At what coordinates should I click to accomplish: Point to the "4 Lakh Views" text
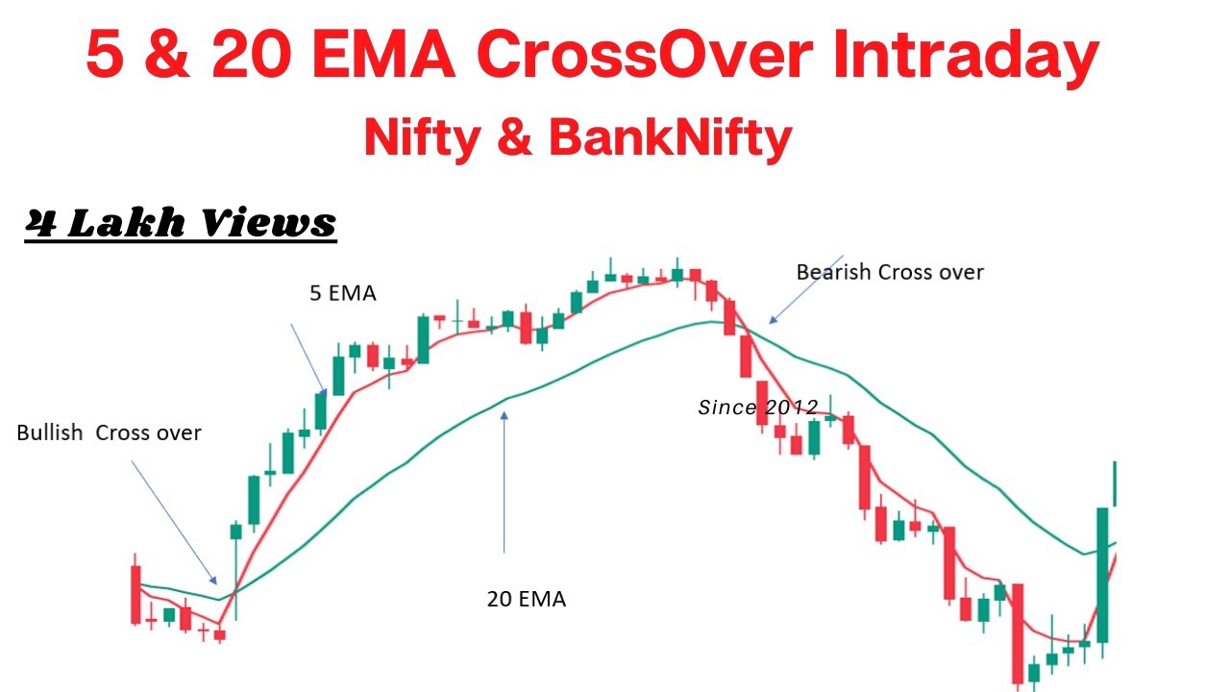181,222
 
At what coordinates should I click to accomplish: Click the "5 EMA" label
342,294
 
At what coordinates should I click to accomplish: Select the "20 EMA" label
526,599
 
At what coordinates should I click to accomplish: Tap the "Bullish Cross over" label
109,432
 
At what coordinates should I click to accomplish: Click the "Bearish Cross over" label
890,272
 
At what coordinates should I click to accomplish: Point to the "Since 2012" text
757,408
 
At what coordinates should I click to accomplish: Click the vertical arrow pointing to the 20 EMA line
504,481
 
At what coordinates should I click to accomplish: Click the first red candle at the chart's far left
135,594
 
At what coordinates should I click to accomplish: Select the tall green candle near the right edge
1102,575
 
